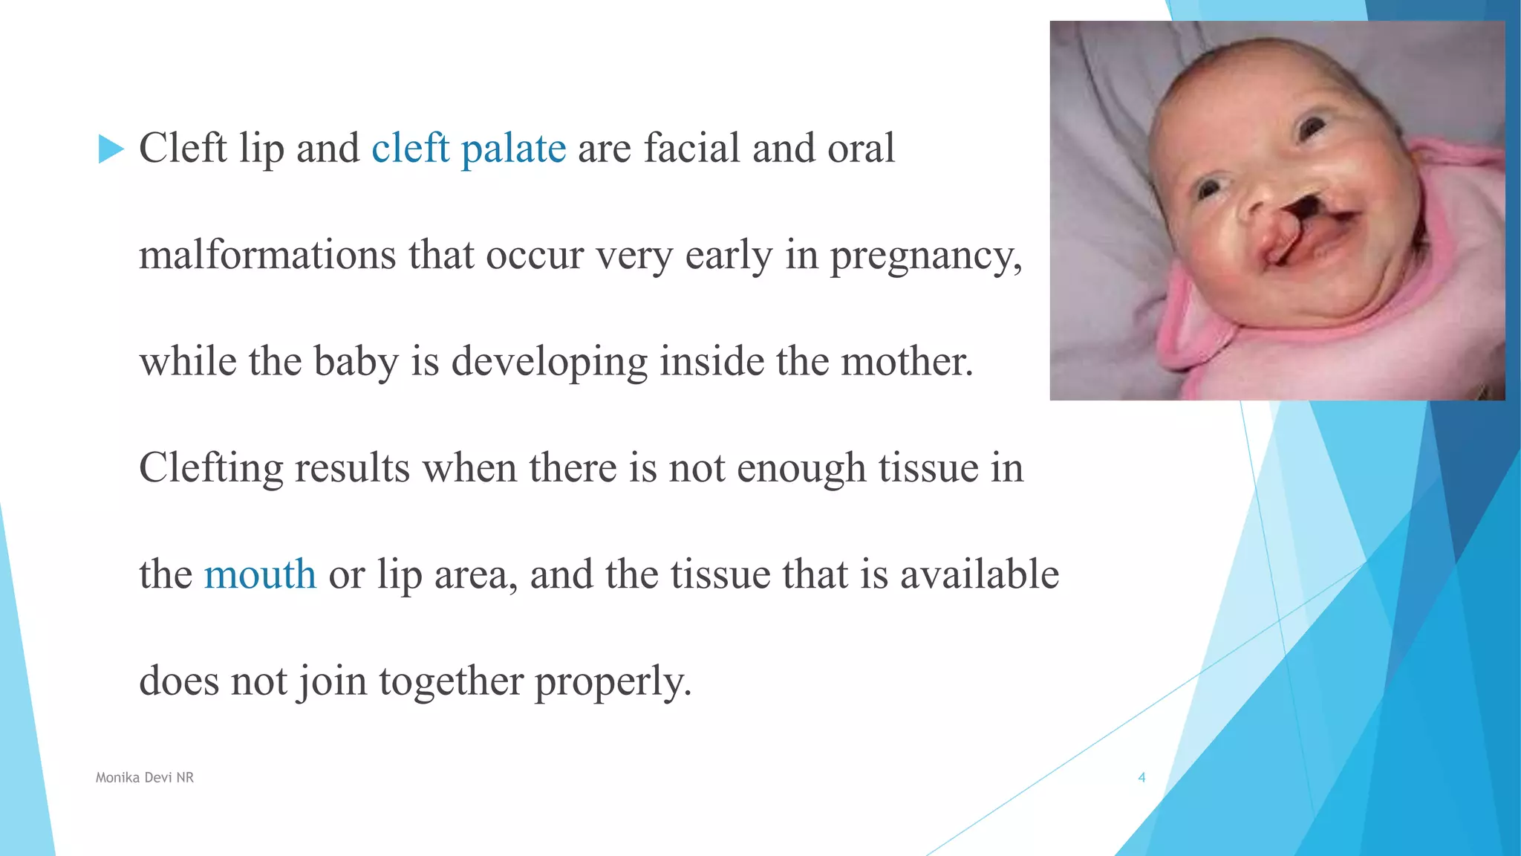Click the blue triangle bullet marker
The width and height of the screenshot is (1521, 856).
(x=111, y=149)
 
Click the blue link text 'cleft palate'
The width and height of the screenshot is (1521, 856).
(x=469, y=148)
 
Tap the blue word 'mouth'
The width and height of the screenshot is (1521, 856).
(x=260, y=574)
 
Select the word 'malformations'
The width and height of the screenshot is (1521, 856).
(x=267, y=255)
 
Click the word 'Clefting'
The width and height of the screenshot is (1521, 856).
(x=211, y=469)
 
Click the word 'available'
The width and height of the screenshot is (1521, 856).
(x=980, y=574)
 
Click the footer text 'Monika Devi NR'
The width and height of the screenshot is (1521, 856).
(x=145, y=777)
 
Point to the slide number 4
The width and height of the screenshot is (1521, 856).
(x=1141, y=777)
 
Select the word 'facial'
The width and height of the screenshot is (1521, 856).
(x=692, y=148)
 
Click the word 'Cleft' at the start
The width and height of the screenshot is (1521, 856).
(x=183, y=148)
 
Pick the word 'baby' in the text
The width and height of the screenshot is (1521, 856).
(x=356, y=363)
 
